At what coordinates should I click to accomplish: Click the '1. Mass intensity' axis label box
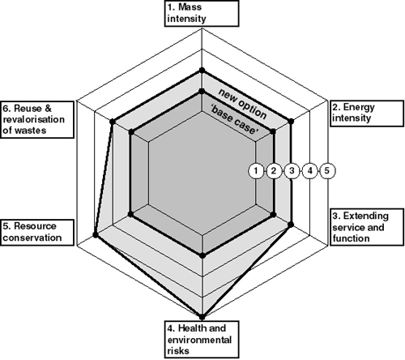point(202,14)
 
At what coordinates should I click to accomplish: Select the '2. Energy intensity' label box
point(367,114)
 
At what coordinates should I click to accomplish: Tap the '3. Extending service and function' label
point(367,227)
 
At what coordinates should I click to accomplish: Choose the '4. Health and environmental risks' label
point(202,340)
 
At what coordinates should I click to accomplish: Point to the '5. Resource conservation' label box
point(37,233)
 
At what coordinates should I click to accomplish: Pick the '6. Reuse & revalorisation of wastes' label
point(37,119)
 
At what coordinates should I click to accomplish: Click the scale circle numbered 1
point(256,171)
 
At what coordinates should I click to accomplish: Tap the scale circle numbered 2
point(274,171)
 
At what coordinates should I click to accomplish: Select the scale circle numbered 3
point(292,171)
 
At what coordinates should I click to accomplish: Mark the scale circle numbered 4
point(309,171)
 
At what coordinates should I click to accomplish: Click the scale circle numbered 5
point(327,171)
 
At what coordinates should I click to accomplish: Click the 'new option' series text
point(242,104)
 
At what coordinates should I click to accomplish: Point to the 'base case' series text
point(234,120)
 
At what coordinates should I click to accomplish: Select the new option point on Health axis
point(202,317)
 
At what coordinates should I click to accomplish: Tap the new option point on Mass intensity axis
point(202,71)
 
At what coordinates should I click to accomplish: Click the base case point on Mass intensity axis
point(202,92)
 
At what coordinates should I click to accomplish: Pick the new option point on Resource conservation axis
point(95,234)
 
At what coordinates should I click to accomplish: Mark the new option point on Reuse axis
point(113,122)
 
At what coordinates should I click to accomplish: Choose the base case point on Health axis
point(202,255)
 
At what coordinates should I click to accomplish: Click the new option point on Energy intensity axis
point(291,121)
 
